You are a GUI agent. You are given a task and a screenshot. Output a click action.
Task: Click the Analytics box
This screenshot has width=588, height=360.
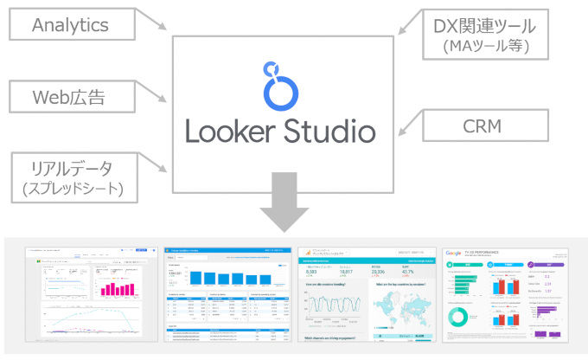[70, 25]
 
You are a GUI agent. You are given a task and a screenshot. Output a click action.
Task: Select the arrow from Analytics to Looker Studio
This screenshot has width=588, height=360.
[154, 23]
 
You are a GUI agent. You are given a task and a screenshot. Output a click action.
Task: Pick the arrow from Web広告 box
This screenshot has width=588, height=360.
[154, 95]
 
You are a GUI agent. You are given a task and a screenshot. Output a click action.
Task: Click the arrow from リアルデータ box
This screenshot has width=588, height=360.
[154, 163]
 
